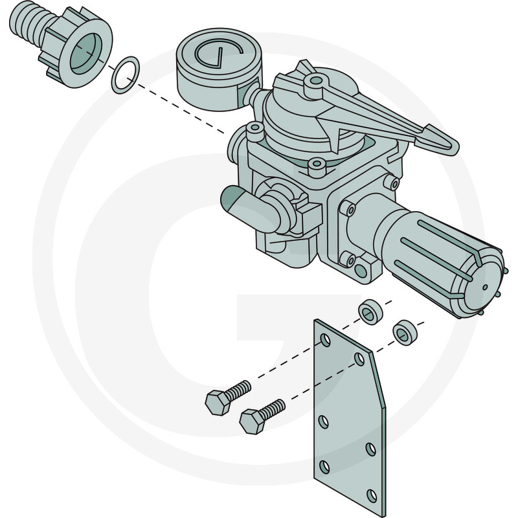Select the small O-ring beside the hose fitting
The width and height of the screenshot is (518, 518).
click(x=125, y=74)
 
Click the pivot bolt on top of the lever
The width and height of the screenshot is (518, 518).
click(x=315, y=82)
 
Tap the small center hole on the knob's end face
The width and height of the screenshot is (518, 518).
click(x=484, y=286)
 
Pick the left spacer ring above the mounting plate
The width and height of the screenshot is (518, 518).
click(x=371, y=311)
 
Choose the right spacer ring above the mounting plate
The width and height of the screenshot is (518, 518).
click(x=405, y=332)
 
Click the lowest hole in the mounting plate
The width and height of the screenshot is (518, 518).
click(x=371, y=496)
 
